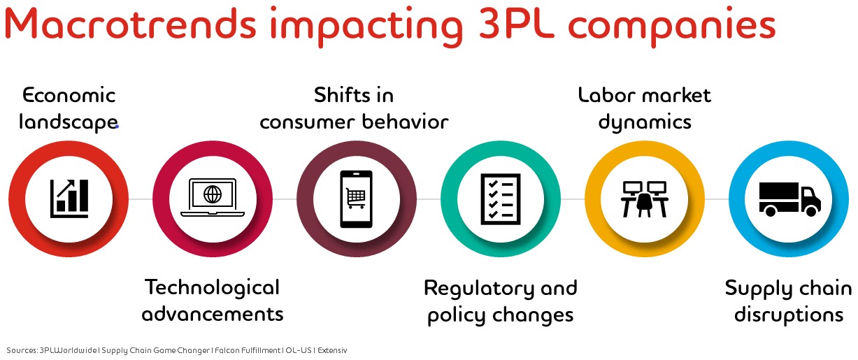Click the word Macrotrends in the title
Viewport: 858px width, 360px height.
click(x=130, y=24)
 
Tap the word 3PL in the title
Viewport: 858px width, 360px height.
click(x=516, y=24)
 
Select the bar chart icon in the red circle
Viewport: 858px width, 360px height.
click(x=69, y=199)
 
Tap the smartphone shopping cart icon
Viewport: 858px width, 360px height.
click(x=356, y=199)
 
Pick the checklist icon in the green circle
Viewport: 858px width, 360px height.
click(x=501, y=199)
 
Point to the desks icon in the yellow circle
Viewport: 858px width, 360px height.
click(x=645, y=199)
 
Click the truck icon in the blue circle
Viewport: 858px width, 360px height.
click(x=789, y=199)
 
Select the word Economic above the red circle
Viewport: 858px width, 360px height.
click(x=69, y=95)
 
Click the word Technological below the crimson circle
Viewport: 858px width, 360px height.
click(x=212, y=288)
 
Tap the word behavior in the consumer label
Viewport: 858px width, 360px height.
click(x=405, y=122)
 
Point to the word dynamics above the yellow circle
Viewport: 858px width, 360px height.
click(x=645, y=122)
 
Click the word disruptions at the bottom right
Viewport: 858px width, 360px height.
click(x=789, y=315)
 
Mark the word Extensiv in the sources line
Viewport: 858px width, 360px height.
click(x=332, y=350)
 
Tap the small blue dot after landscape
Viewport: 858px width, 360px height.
click(x=117, y=127)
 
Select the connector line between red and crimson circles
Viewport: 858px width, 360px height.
click(x=141, y=199)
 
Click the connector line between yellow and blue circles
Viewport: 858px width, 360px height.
click(x=717, y=199)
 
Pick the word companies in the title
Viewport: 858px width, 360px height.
click(x=672, y=26)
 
